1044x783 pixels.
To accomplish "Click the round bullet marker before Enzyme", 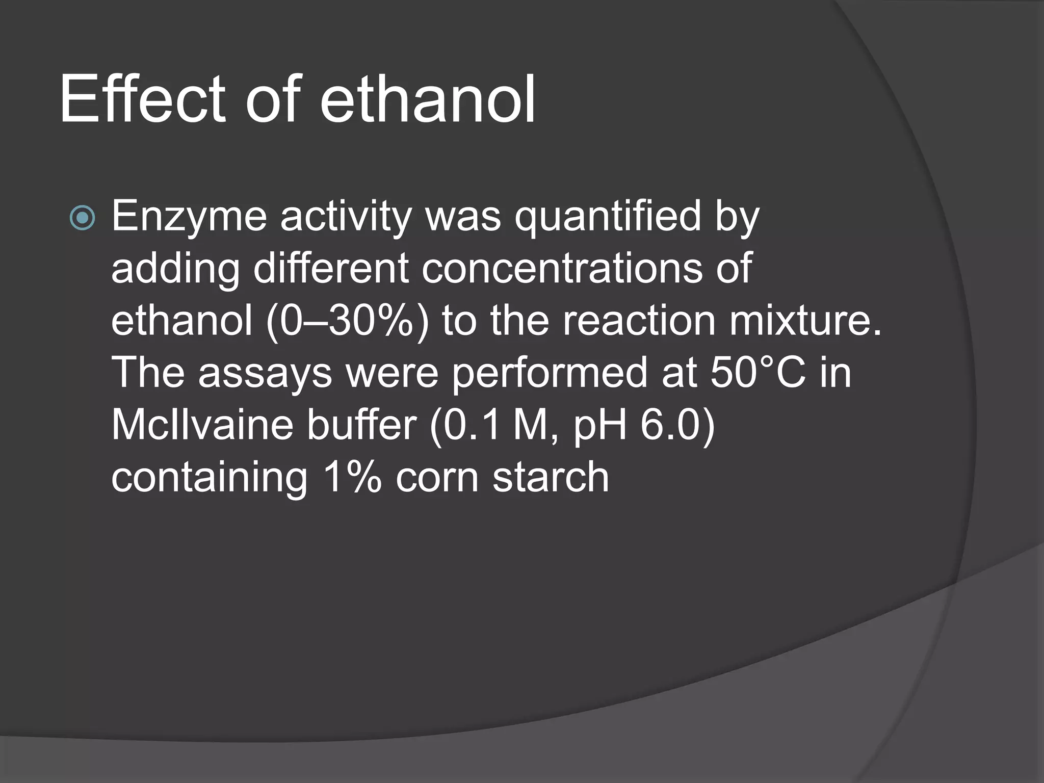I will [82, 218].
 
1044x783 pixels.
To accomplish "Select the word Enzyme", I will [189, 217].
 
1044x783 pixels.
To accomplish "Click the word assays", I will [265, 374].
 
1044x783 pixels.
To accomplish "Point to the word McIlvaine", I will [202, 426].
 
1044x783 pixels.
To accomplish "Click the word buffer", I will [362, 426].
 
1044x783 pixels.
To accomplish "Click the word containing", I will [210, 478].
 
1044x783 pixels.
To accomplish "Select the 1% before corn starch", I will [352, 478].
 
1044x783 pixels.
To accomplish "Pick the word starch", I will [551, 478].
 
